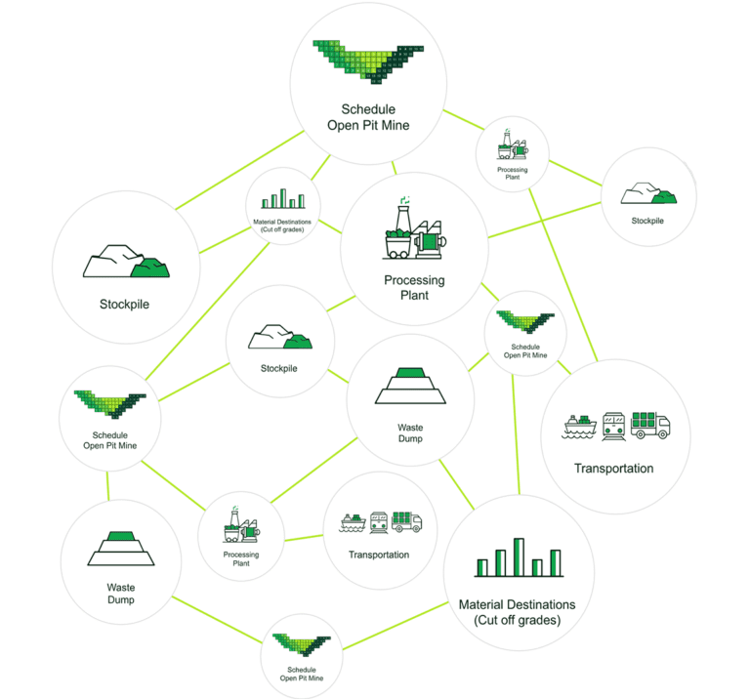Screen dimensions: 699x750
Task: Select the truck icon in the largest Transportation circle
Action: coord(650,424)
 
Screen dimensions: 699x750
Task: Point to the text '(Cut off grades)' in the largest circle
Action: coord(517,620)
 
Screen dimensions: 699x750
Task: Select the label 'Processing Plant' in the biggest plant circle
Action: coord(414,287)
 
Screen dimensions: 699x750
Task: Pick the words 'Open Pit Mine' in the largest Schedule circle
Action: coord(368,125)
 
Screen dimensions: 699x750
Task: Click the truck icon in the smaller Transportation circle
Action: coord(406,522)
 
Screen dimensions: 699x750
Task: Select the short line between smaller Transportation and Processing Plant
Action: coord(304,537)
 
